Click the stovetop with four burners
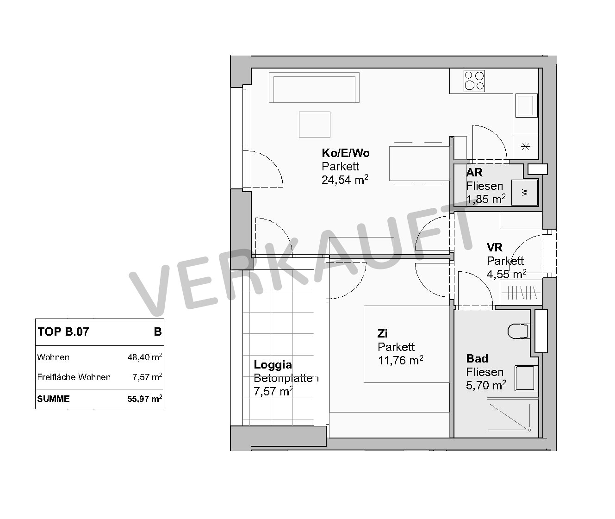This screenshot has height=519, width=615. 474,81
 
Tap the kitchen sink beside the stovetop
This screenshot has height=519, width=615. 526,106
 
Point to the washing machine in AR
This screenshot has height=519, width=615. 525,193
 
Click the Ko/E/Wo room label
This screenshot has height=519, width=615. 346,153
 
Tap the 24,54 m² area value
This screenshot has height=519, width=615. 345,180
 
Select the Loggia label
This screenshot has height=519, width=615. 273,364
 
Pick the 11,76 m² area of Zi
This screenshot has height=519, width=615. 401,360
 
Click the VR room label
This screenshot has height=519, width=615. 495,248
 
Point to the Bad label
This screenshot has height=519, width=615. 477,359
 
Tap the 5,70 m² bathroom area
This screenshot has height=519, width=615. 486,385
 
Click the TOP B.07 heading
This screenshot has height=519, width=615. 63,332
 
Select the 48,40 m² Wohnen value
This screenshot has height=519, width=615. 145,357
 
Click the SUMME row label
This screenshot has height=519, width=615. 53,399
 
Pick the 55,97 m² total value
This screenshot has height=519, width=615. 145,399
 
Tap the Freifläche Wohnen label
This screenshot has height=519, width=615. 74,377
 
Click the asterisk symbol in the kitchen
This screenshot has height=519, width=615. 526,147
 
